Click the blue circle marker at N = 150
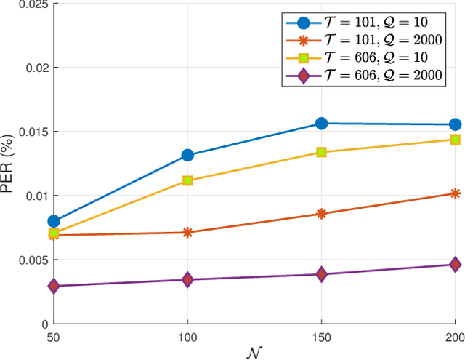tap(321, 124)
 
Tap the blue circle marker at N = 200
tap(455, 124)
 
